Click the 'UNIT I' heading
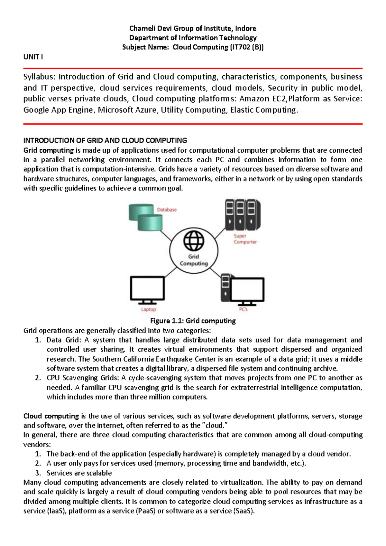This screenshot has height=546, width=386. point(33,57)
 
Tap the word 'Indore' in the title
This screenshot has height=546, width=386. point(246,28)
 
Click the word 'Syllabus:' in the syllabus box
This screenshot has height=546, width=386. point(40,77)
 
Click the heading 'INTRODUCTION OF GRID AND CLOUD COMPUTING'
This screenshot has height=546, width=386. point(105,140)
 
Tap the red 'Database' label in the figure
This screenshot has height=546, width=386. point(167,210)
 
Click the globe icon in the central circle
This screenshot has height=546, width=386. point(194,240)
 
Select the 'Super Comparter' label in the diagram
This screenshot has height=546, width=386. point(245,239)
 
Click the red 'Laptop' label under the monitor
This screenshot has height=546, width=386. point(148,309)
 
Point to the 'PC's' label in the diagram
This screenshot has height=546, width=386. point(243,309)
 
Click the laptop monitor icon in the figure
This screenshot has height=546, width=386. point(147,289)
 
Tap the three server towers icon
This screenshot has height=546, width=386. point(242,215)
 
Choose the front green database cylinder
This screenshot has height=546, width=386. point(150,223)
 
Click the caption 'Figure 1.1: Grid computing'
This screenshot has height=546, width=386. point(193,321)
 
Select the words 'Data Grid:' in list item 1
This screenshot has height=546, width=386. point(64,340)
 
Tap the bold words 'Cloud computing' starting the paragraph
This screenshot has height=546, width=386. point(51,416)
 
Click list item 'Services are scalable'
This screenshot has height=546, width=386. point(79,473)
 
